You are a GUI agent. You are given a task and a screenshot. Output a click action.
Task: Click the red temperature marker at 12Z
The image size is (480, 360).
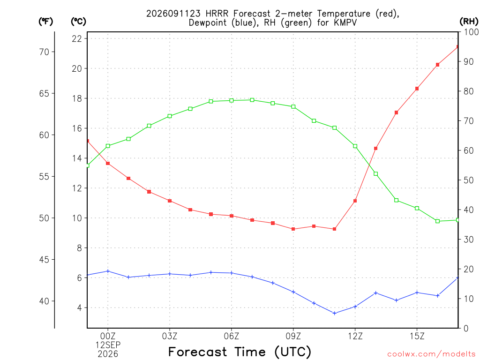pyautogui.click(x=355, y=201)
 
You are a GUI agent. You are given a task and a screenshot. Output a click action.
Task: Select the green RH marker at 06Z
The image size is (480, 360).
pyautogui.click(x=232, y=100)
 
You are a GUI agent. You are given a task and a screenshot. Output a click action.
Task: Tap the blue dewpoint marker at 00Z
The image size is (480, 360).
pyautogui.click(x=108, y=271)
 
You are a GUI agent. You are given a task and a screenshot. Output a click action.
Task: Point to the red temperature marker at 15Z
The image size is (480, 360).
pyautogui.click(x=417, y=89)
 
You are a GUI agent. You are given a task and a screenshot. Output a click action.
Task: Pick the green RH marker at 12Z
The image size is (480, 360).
pyautogui.click(x=355, y=146)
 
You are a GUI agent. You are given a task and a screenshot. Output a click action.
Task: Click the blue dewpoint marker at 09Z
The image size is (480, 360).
pyautogui.click(x=293, y=292)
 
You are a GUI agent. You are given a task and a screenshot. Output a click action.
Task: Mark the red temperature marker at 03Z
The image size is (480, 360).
pyautogui.click(x=170, y=201)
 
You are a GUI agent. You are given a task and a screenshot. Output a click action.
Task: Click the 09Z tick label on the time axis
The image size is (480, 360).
pyautogui.click(x=293, y=337)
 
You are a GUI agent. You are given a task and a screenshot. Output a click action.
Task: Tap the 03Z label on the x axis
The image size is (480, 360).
pyautogui.click(x=170, y=337)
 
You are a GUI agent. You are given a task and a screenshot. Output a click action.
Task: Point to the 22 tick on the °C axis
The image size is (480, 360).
pyautogui.click(x=77, y=38)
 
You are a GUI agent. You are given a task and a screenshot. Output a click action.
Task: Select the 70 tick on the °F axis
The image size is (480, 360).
pyautogui.click(x=45, y=52)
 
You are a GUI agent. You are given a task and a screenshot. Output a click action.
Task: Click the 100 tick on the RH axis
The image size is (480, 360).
pyautogui.click(x=471, y=32)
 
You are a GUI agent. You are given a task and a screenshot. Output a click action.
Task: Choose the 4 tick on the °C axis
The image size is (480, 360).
pyautogui.click(x=80, y=307)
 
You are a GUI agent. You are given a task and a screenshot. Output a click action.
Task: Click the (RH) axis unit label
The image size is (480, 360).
pyautogui.click(x=469, y=21)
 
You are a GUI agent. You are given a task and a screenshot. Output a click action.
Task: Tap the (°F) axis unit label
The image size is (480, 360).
pyautogui.click(x=45, y=22)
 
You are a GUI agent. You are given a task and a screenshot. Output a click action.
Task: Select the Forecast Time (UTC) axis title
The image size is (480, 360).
pyautogui.click(x=240, y=352)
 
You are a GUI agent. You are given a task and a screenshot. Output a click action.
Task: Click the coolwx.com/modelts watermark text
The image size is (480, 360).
pyautogui.click(x=431, y=354)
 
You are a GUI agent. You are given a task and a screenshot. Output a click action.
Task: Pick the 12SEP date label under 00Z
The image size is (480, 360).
pyautogui.click(x=108, y=345)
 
